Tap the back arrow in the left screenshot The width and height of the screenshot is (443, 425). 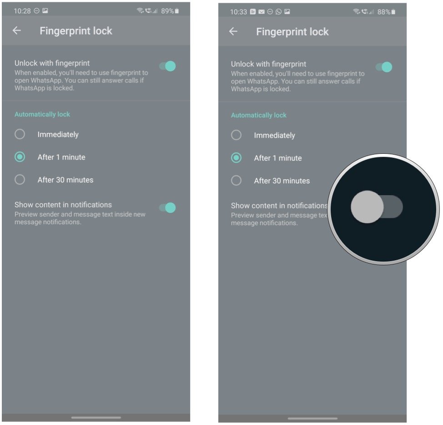[17, 30]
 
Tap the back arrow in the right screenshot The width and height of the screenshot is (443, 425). [233, 31]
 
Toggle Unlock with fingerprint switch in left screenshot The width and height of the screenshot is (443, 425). [168, 66]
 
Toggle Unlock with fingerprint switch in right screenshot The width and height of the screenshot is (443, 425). [384, 67]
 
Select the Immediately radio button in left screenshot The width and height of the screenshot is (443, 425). [20, 134]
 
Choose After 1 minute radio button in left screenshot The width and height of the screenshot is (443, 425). [20, 157]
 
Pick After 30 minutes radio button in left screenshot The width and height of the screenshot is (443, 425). [20, 180]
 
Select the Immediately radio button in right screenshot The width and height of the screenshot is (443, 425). [237, 135]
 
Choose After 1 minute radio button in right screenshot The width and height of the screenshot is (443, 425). [237, 158]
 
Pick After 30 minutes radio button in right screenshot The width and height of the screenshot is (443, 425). [237, 181]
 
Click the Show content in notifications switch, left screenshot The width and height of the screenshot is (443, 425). [168, 208]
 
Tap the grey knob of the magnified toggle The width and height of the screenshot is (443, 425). [367, 207]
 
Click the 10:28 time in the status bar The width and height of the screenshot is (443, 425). [22, 11]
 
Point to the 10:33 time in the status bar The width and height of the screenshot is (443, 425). [238, 12]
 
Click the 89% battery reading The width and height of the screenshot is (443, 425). [167, 11]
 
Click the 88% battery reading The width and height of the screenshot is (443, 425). [384, 12]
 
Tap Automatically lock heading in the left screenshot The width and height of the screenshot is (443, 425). [42, 114]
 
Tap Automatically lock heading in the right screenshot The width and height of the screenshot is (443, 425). [259, 115]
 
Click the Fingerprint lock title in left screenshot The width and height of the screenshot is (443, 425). [76, 31]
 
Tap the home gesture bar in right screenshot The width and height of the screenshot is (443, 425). [312, 418]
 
